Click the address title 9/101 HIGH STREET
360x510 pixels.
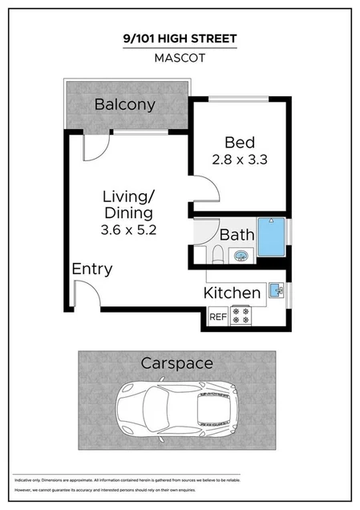(180, 38)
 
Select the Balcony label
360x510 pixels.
(124, 104)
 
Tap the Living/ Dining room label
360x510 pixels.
(127, 204)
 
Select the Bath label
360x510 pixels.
(237, 236)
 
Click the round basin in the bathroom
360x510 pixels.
(240, 256)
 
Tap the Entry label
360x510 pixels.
(91, 269)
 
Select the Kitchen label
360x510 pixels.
(232, 293)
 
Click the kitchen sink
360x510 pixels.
(276, 289)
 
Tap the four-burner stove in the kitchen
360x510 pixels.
(241, 316)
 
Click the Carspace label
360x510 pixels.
(176, 363)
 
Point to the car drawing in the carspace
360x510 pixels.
(178, 408)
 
